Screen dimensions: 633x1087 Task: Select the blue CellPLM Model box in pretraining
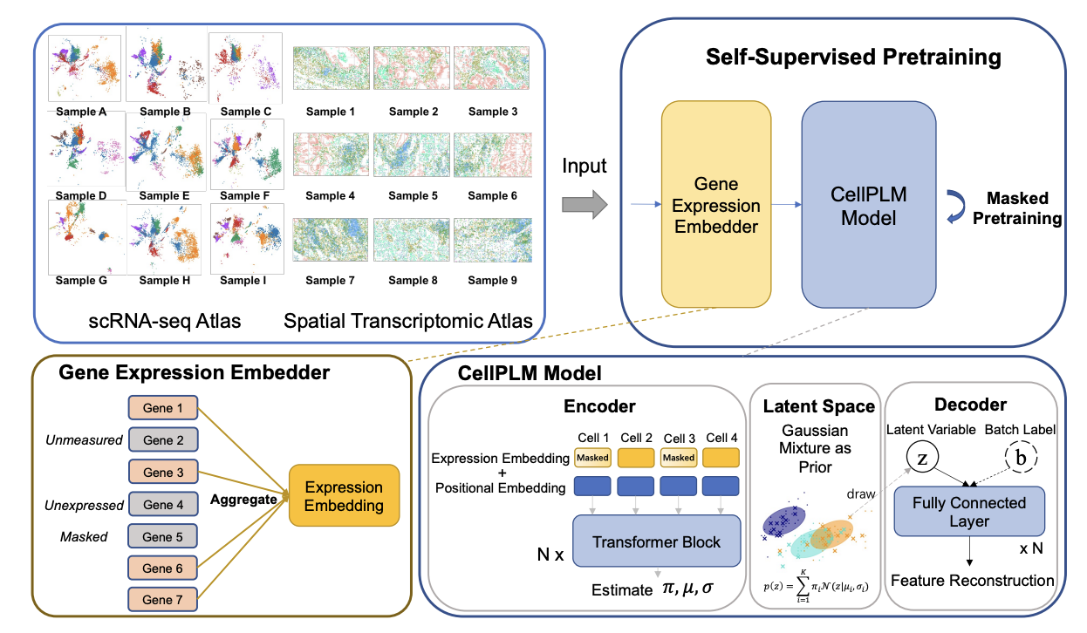[867, 207]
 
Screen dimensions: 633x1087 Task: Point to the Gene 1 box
[163, 406]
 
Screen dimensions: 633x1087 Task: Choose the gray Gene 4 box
[163, 504]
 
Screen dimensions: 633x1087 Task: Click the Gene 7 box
[163, 600]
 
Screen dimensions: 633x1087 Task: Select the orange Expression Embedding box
[344, 496]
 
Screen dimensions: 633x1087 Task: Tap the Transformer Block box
[656, 541]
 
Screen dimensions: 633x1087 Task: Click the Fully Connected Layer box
[969, 511]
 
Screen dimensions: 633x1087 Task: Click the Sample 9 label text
[492, 280]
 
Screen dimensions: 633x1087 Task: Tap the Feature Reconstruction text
[973, 580]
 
